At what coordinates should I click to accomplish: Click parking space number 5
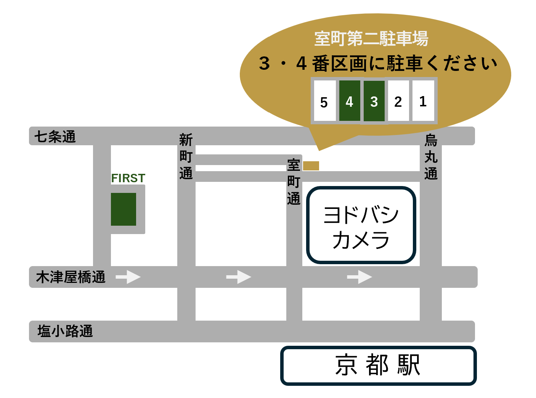point(324,101)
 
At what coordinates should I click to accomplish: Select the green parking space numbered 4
point(350,101)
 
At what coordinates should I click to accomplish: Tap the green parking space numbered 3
point(374,101)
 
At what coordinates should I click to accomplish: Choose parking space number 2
point(398,101)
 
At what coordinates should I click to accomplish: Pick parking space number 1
point(423,101)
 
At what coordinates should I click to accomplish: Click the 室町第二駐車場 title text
point(371,39)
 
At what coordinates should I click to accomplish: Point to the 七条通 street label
point(55,136)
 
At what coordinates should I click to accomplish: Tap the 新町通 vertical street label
point(186,156)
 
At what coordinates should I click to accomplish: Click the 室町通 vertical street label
point(294,182)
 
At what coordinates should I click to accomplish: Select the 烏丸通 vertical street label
point(431,157)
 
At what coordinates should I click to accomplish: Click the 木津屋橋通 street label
point(71,277)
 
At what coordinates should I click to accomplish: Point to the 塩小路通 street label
point(65,331)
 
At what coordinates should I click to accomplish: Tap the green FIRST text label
point(128,178)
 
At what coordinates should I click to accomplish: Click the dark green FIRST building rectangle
point(124,209)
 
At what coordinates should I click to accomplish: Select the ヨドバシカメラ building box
point(361,225)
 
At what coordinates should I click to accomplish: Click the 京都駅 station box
point(378,365)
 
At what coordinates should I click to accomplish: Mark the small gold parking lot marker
point(311,166)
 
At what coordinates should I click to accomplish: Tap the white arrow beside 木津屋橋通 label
point(128,277)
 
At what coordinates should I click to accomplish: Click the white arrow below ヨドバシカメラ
point(359,277)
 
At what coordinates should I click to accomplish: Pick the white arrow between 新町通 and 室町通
point(239,277)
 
